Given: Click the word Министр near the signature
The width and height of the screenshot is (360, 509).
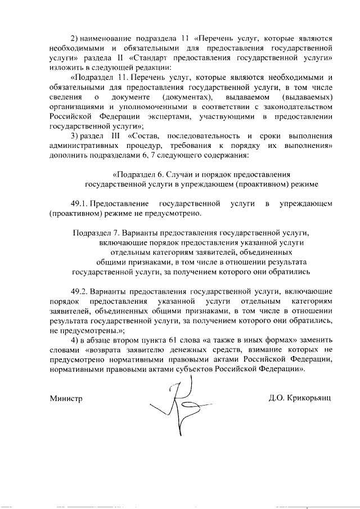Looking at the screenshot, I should click(66, 398).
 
